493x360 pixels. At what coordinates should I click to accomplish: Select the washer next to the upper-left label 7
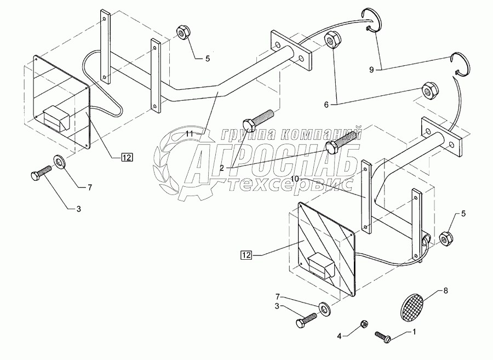(59, 161)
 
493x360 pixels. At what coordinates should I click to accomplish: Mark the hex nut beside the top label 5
(181, 32)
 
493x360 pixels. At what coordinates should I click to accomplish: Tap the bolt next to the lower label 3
(305, 319)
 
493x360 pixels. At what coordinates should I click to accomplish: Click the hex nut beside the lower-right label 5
(445, 239)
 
